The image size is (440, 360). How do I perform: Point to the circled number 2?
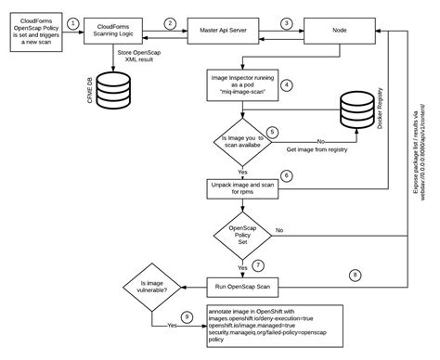coord(170,22)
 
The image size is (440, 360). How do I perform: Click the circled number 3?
coord(287,22)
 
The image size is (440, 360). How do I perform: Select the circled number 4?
coord(288,85)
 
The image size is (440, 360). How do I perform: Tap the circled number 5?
coord(271,132)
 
